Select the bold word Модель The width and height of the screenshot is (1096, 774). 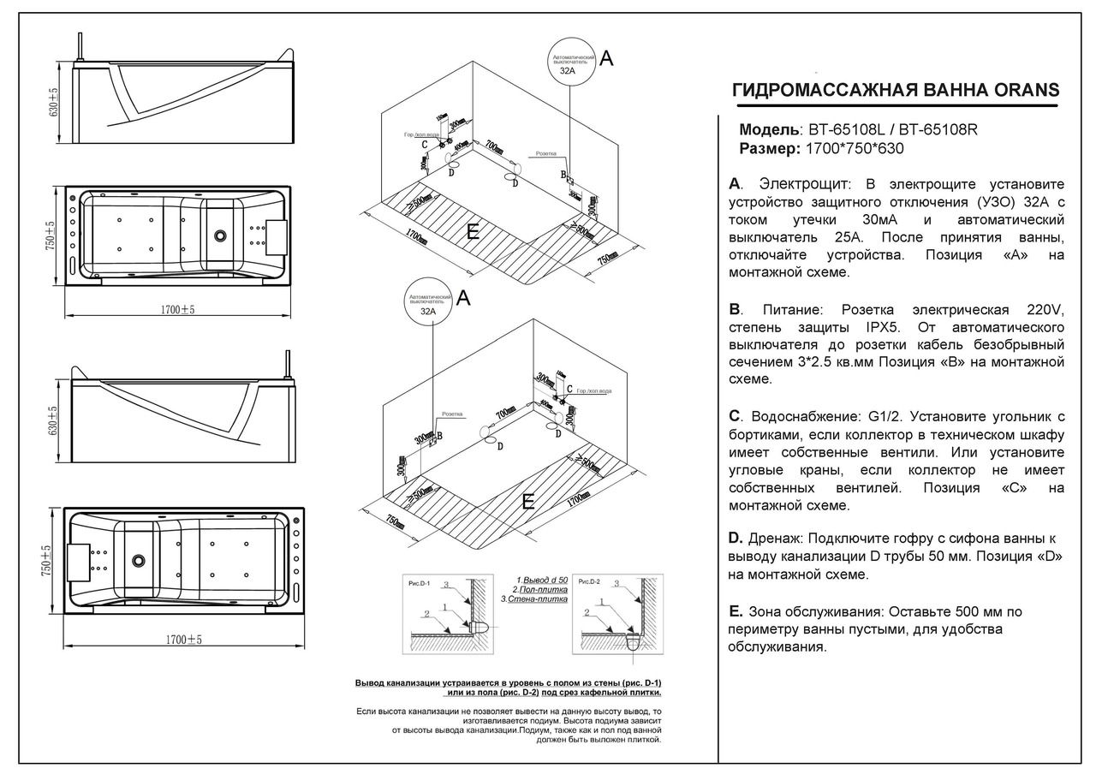pyautogui.click(x=768, y=131)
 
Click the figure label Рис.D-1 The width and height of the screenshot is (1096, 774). pyautogui.click(x=420, y=581)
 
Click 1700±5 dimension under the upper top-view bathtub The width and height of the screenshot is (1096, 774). pyautogui.click(x=177, y=310)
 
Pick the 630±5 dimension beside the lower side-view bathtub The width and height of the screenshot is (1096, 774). pyautogui.click(x=54, y=420)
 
